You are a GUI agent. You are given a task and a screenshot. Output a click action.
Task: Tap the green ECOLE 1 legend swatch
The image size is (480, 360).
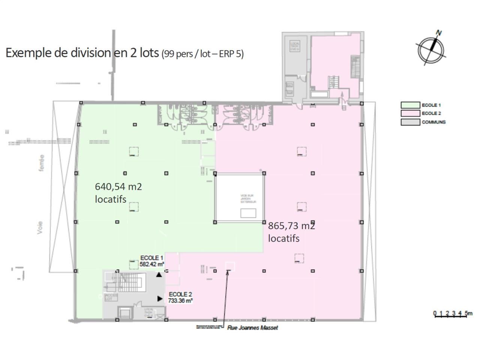[x=410, y=105]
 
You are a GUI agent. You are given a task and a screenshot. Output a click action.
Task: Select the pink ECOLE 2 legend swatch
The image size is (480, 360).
[x=410, y=113]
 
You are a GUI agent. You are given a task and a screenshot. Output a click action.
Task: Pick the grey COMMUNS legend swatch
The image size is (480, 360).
[x=410, y=122]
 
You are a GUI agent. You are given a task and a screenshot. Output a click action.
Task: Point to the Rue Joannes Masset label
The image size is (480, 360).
[x=252, y=328]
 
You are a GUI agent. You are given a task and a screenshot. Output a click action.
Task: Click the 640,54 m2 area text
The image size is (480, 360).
[x=118, y=187]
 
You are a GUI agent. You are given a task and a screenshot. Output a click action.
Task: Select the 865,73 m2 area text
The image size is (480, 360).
[x=291, y=226]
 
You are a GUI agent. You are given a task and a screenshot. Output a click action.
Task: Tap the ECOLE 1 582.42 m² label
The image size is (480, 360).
[x=151, y=261]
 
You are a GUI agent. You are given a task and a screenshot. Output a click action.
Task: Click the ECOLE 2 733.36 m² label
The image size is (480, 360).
[x=180, y=297]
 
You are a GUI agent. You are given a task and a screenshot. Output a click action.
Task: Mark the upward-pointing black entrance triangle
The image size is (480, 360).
[x=159, y=275]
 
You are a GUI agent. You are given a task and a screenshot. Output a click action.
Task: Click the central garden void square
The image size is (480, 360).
[x=239, y=198]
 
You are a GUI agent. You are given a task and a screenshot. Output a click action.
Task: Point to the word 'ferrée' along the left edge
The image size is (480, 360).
[x=41, y=163]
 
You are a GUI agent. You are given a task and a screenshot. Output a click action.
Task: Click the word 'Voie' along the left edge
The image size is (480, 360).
[x=40, y=228]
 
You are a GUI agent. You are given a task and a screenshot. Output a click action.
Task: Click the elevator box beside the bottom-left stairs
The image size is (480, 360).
[x=125, y=313]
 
